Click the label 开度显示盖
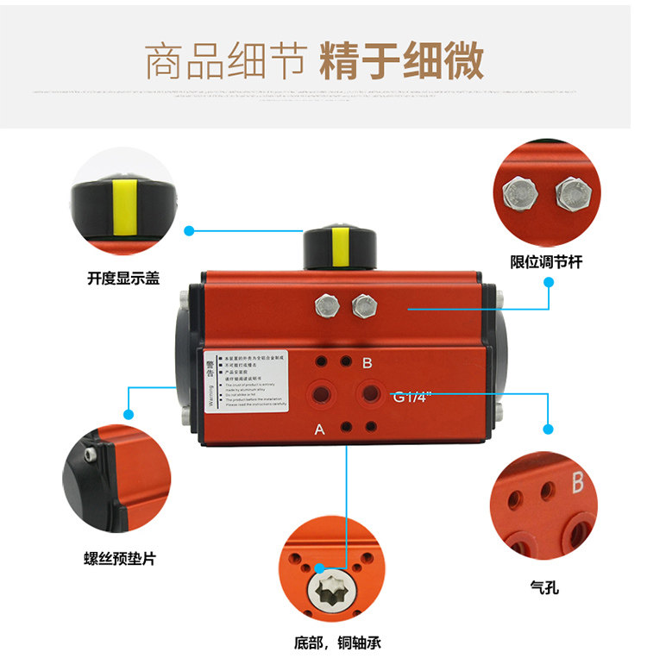pyautogui.click(x=123, y=279)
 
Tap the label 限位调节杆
pyautogui.click(x=545, y=261)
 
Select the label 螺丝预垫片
pyautogui.click(x=119, y=558)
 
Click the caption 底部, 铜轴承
pyautogui.click(x=336, y=643)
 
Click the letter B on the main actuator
pyautogui.click(x=367, y=363)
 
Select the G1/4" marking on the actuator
pyautogui.click(x=412, y=398)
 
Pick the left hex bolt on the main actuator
pyautogui.click(x=327, y=304)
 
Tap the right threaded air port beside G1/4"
pyautogui.click(x=372, y=394)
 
